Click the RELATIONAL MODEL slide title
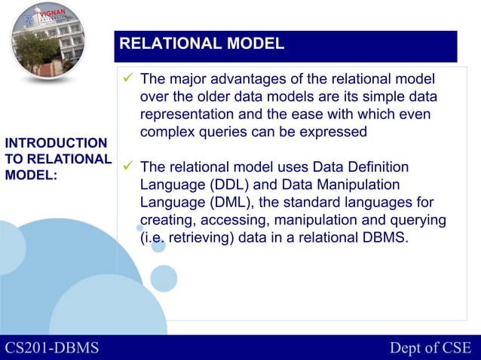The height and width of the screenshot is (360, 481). tap(202, 44)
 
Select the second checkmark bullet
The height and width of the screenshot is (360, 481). tap(128, 167)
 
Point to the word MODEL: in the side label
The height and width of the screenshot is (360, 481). tap(31, 175)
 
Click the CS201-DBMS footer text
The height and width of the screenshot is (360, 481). tap(53, 347)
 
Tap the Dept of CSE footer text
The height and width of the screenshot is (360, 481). tap(430, 347)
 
